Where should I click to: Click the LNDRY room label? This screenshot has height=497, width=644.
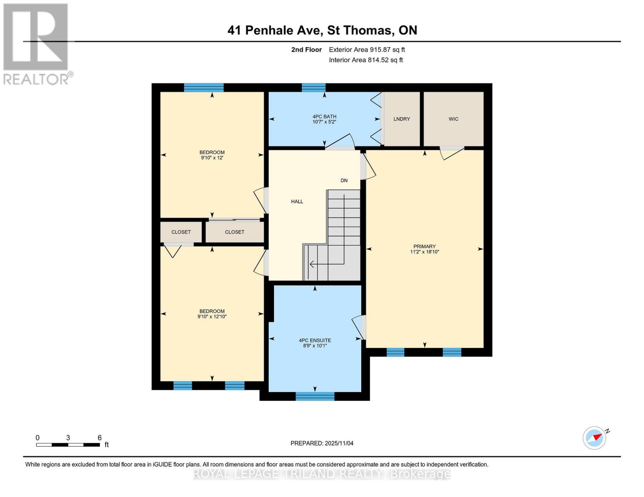[x=401, y=119]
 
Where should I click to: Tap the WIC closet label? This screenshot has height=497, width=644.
[x=453, y=119]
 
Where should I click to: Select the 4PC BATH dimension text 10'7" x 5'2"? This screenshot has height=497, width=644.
[x=324, y=122]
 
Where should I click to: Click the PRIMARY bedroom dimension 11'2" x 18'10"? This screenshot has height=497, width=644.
[x=424, y=252]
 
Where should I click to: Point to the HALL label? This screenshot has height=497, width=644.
[x=297, y=202]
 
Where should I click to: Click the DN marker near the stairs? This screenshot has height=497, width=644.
[x=344, y=181]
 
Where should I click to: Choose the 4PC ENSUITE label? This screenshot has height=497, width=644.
[x=315, y=340]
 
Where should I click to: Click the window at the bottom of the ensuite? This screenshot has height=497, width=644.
[x=315, y=396]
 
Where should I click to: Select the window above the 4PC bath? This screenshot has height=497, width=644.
[x=313, y=87]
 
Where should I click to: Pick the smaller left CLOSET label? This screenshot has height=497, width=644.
[x=181, y=232]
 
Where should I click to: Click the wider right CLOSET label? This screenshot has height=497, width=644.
[x=234, y=232]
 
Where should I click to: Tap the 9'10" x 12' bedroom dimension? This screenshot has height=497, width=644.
[x=212, y=158]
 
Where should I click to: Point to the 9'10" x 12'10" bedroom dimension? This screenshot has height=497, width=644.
[x=212, y=317]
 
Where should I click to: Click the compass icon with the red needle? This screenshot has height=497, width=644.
[x=595, y=438]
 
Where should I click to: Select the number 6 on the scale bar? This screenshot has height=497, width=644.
[x=100, y=438]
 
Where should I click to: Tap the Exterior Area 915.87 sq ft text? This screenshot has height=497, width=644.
[x=367, y=50]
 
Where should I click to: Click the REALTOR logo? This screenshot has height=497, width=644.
[x=36, y=43]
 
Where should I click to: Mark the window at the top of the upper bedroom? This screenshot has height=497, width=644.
[x=204, y=87]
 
